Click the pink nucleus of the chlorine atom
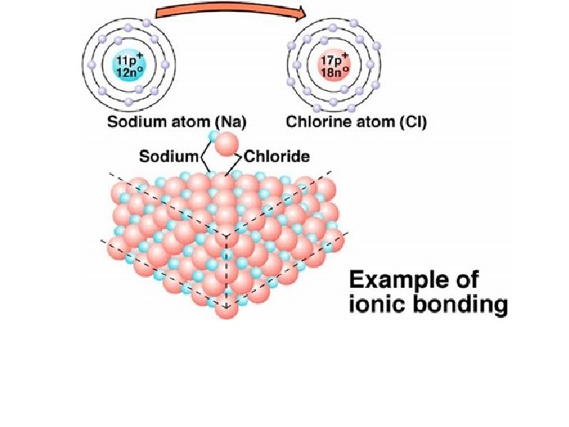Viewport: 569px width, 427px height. point(335,65)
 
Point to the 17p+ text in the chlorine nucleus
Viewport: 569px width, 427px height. point(336,59)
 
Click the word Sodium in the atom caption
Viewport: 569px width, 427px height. point(134,123)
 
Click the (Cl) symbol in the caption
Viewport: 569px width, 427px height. point(424,123)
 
